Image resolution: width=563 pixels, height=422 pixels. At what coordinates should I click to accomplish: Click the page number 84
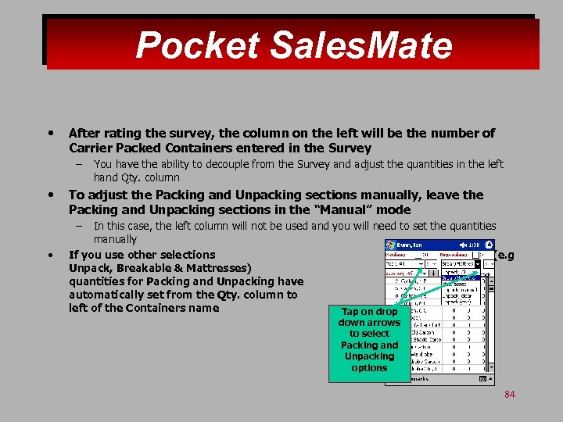tap(510, 395)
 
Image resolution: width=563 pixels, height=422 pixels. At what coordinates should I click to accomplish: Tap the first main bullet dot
tap(51, 134)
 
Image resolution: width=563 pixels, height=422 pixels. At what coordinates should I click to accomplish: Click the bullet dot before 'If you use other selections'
tap(51, 255)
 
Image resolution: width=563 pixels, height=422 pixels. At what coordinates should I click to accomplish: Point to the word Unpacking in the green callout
tap(369, 356)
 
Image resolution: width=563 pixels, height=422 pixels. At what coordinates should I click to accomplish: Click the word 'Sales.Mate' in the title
tap(360, 45)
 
